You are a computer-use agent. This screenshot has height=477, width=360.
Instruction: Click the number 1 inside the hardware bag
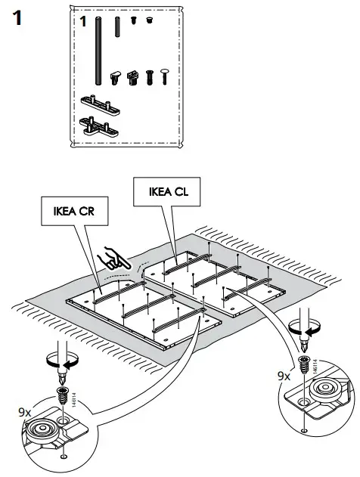(x=84, y=22)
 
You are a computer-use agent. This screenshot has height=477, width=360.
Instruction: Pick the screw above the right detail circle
(x=304, y=362)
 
